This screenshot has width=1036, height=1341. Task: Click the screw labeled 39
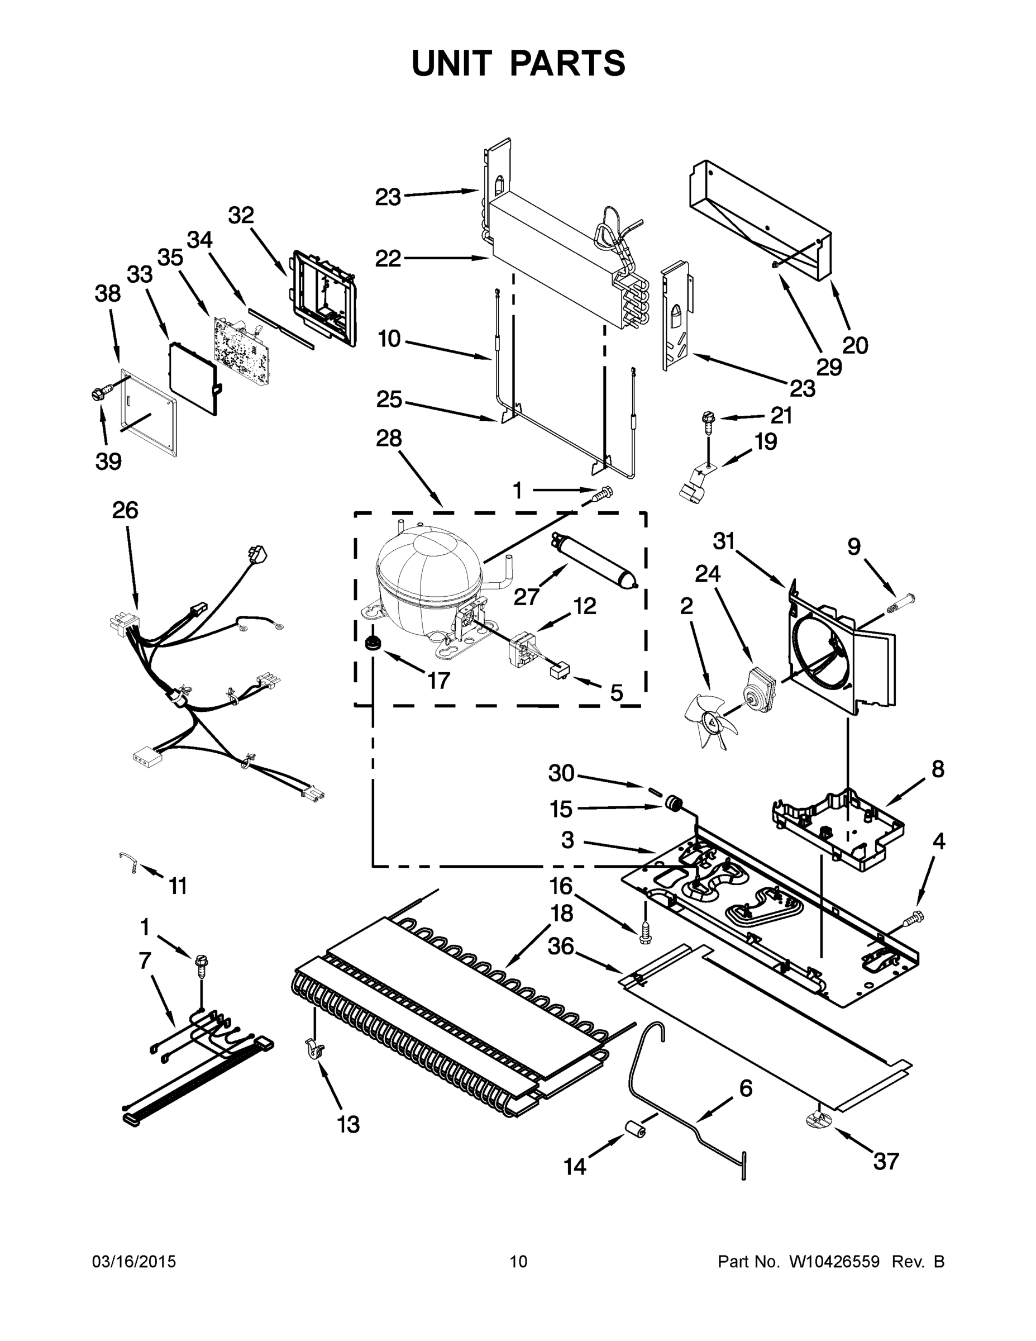(100, 392)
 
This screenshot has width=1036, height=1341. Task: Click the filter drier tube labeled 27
(595, 560)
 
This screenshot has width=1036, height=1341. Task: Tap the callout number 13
(348, 1125)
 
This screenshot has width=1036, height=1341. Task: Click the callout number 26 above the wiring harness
(125, 510)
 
